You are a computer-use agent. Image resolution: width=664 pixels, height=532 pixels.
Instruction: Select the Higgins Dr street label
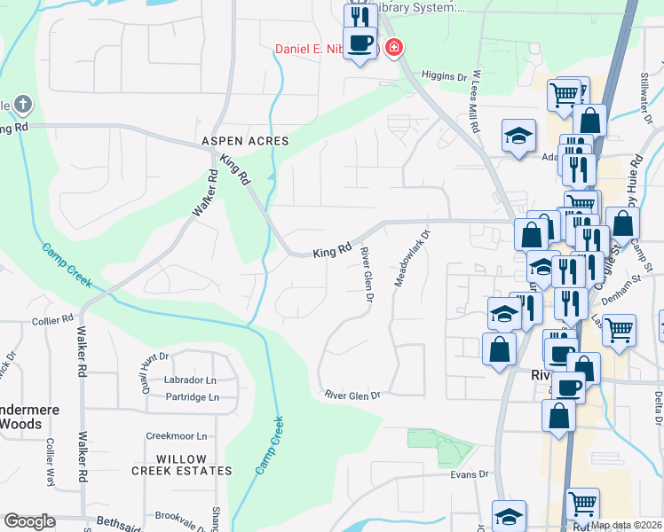click(444, 76)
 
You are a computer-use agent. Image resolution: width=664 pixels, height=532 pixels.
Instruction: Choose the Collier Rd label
click(53, 320)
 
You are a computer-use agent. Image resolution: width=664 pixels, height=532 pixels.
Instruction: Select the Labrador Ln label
click(189, 380)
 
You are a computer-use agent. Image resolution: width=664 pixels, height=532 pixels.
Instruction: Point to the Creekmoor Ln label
click(176, 436)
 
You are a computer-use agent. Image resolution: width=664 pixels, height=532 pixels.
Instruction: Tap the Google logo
click(30, 521)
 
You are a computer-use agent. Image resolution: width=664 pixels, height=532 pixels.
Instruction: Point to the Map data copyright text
click(626, 525)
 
